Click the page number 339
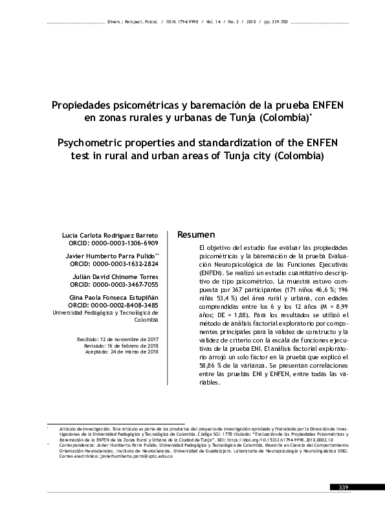[x=343, y=487]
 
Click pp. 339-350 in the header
[x=274, y=21]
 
